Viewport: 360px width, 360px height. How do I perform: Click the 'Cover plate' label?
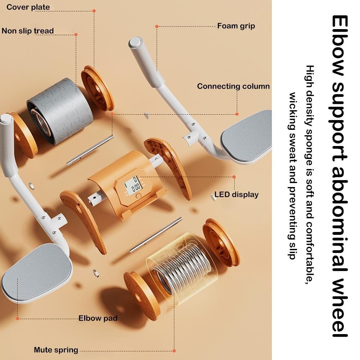[x=28, y=7]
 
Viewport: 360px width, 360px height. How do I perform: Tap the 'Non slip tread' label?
[x=28, y=31]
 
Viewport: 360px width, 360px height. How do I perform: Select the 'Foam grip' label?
[x=236, y=26]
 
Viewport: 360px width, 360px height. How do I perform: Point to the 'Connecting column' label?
[x=233, y=86]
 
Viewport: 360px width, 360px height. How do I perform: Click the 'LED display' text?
[x=237, y=195]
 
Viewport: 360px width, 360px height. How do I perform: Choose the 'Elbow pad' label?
[x=98, y=318]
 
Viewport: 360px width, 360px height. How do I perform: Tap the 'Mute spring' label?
[x=56, y=350]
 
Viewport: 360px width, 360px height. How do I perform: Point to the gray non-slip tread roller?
[x=60, y=111]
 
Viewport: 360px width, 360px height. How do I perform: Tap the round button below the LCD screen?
[x=138, y=196]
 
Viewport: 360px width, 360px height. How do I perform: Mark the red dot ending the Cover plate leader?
[x=94, y=11]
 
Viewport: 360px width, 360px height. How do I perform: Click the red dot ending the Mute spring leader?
[x=174, y=351]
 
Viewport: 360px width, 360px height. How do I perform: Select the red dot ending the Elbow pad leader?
[x=18, y=318]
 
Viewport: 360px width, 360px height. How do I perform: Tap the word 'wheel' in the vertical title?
[x=340, y=307]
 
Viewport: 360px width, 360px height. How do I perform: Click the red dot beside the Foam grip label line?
[x=157, y=27]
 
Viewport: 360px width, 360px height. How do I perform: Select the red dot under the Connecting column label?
[x=237, y=114]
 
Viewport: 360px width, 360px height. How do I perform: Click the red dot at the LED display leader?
[x=234, y=177]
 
